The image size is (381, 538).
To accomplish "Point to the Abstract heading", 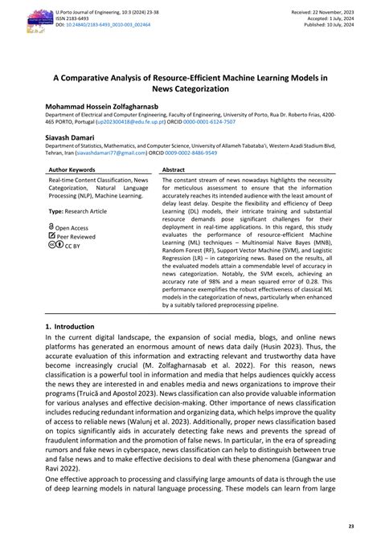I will tap(174, 170).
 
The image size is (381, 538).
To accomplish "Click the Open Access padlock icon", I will tap(51, 227).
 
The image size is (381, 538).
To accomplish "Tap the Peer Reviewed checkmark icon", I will tap(51, 237).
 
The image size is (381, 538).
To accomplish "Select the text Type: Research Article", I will tap(78, 210).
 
